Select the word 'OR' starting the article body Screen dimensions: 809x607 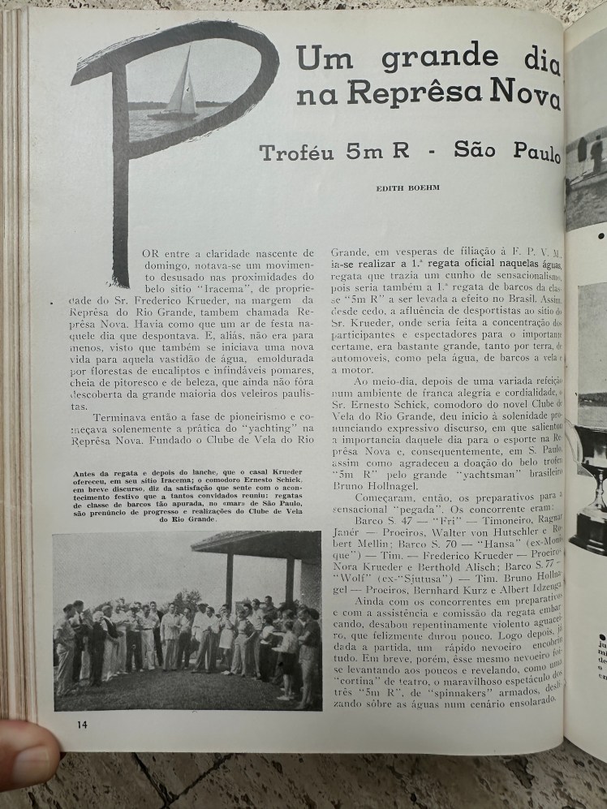tap(150, 253)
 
